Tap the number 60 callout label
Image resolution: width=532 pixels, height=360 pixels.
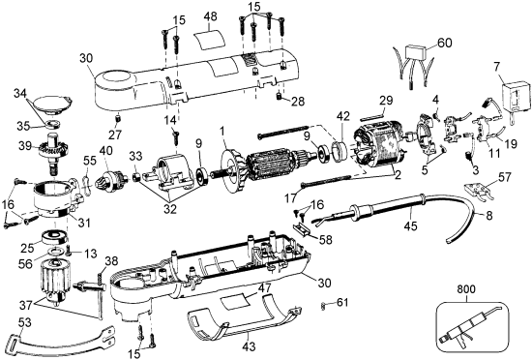click(445, 44)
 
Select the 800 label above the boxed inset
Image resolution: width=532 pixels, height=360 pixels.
click(466, 289)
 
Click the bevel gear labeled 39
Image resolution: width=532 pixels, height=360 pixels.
click(52, 152)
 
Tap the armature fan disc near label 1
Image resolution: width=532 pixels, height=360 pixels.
click(231, 168)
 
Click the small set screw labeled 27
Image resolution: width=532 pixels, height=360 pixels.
click(118, 119)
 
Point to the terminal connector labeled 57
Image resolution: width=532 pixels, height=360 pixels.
click(478, 191)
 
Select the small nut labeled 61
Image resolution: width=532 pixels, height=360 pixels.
click(324, 306)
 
